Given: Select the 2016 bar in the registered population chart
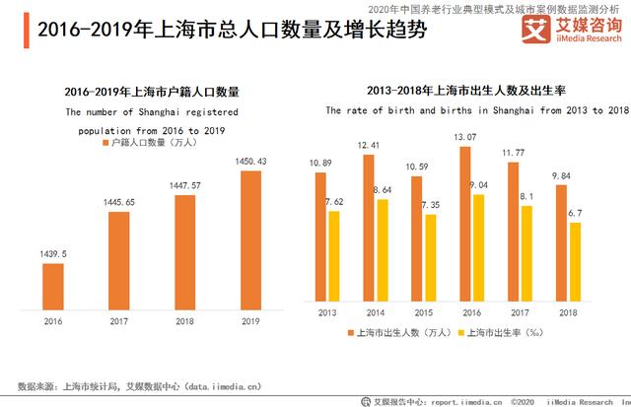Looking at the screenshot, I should click(52, 285).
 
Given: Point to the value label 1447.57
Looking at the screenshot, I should click(184, 184).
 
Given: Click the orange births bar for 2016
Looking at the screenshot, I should click(464, 226).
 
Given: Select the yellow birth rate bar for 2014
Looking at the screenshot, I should click(382, 252).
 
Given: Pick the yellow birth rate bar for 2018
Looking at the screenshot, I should click(574, 263).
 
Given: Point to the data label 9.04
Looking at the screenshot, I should click(478, 184).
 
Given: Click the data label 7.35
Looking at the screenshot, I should click(429, 204).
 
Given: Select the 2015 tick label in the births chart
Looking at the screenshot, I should click(422, 313).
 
